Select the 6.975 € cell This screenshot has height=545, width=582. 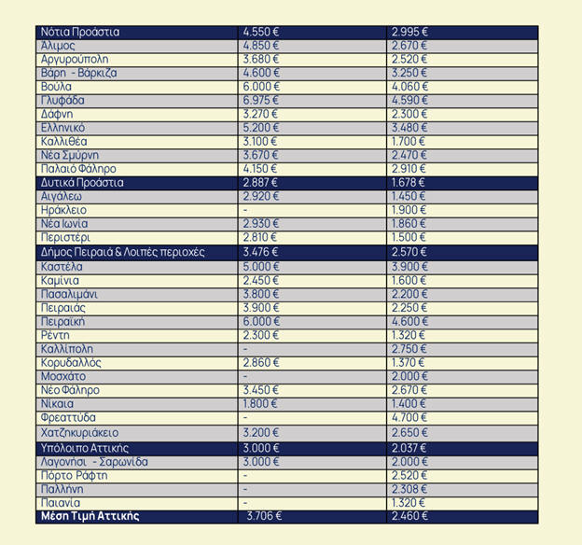[261, 100]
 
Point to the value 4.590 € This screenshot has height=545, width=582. [410, 100]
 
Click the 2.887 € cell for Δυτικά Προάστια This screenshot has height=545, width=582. [261, 183]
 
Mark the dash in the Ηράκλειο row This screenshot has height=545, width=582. [245, 211]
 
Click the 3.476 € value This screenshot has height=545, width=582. [261, 252]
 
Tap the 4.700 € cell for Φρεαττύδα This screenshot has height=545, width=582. [410, 418]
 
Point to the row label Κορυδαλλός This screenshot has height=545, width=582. [71, 362]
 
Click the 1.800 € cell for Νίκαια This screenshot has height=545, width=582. [261, 404]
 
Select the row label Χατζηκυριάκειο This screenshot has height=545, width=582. [80, 433]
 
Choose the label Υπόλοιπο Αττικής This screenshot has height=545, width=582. [85, 449]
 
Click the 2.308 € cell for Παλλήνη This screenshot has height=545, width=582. [410, 489]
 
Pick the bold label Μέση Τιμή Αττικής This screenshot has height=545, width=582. [90, 516]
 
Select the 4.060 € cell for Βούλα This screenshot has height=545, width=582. [410, 87]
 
